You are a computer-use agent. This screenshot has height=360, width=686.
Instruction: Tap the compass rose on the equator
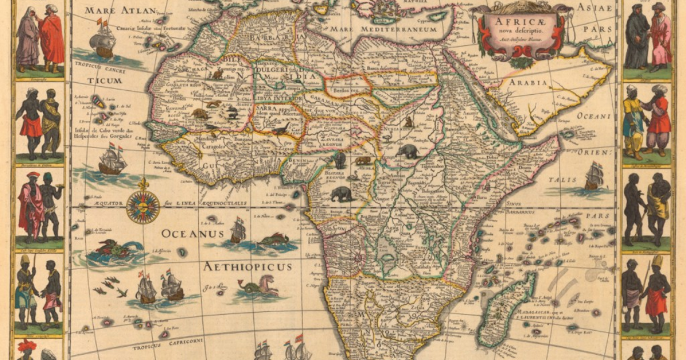click(x=142, y=206)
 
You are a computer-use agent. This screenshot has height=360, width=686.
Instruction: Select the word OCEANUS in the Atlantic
click(x=189, y=233)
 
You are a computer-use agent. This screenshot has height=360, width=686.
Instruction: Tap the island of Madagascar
click(x=506, y=309)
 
